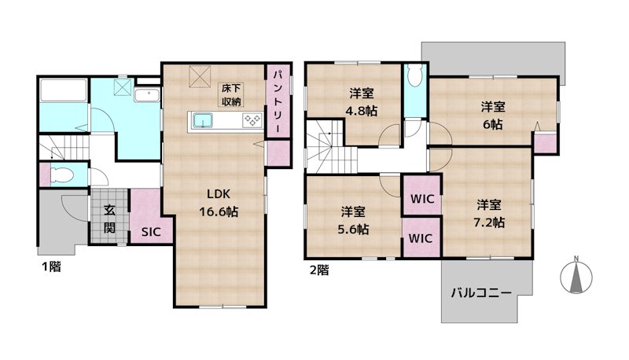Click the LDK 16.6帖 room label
(219, 203)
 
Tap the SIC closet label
(151, 232)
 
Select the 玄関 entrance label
(109, 219)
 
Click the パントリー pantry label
(278, 102)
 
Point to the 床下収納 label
(231, 94)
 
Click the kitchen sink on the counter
(203, 119)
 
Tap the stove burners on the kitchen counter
(252, 119)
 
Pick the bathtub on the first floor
(64, 90)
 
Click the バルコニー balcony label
(481, 292)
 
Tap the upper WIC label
(422, 198)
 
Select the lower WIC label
(421, 238)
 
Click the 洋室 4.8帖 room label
(362, 102)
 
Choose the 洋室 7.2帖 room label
(489, 214)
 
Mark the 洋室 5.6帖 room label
(353, 220)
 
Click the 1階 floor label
(52, 266)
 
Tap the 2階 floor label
(319, 270)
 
